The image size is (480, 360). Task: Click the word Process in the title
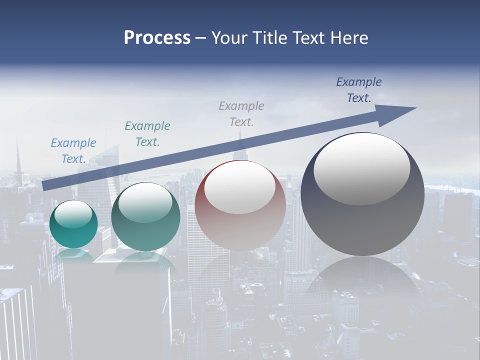tap(157, 37)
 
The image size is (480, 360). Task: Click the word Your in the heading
tap(229, 37)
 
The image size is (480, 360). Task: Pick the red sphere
tap(240, 225)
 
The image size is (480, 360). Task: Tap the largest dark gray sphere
tap(362, 220)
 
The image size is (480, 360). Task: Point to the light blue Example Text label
tap(73, 151)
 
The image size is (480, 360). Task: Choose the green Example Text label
tap(147, 134)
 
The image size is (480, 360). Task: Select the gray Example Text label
tap(241, 113)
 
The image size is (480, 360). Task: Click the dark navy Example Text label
tap(358, 90)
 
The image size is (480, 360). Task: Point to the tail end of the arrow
tap(46, 186)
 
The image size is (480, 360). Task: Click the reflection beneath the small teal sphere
tap(73, 255)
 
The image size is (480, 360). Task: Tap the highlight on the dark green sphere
tap(145, 202)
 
